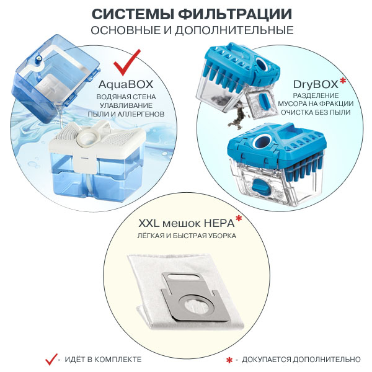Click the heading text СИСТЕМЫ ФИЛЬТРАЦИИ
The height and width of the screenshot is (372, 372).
[186, 14]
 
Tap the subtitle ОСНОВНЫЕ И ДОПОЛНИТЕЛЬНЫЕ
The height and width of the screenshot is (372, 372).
[186, 30]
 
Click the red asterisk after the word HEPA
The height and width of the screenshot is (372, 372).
[238, 218]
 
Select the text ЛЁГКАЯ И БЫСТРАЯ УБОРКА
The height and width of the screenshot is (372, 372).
[186, 236]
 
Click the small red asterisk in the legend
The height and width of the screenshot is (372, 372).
[229, 360]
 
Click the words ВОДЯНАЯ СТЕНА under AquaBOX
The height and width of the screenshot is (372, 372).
[130, 97]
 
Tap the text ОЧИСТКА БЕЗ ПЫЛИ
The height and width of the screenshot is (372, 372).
[323, 113]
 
